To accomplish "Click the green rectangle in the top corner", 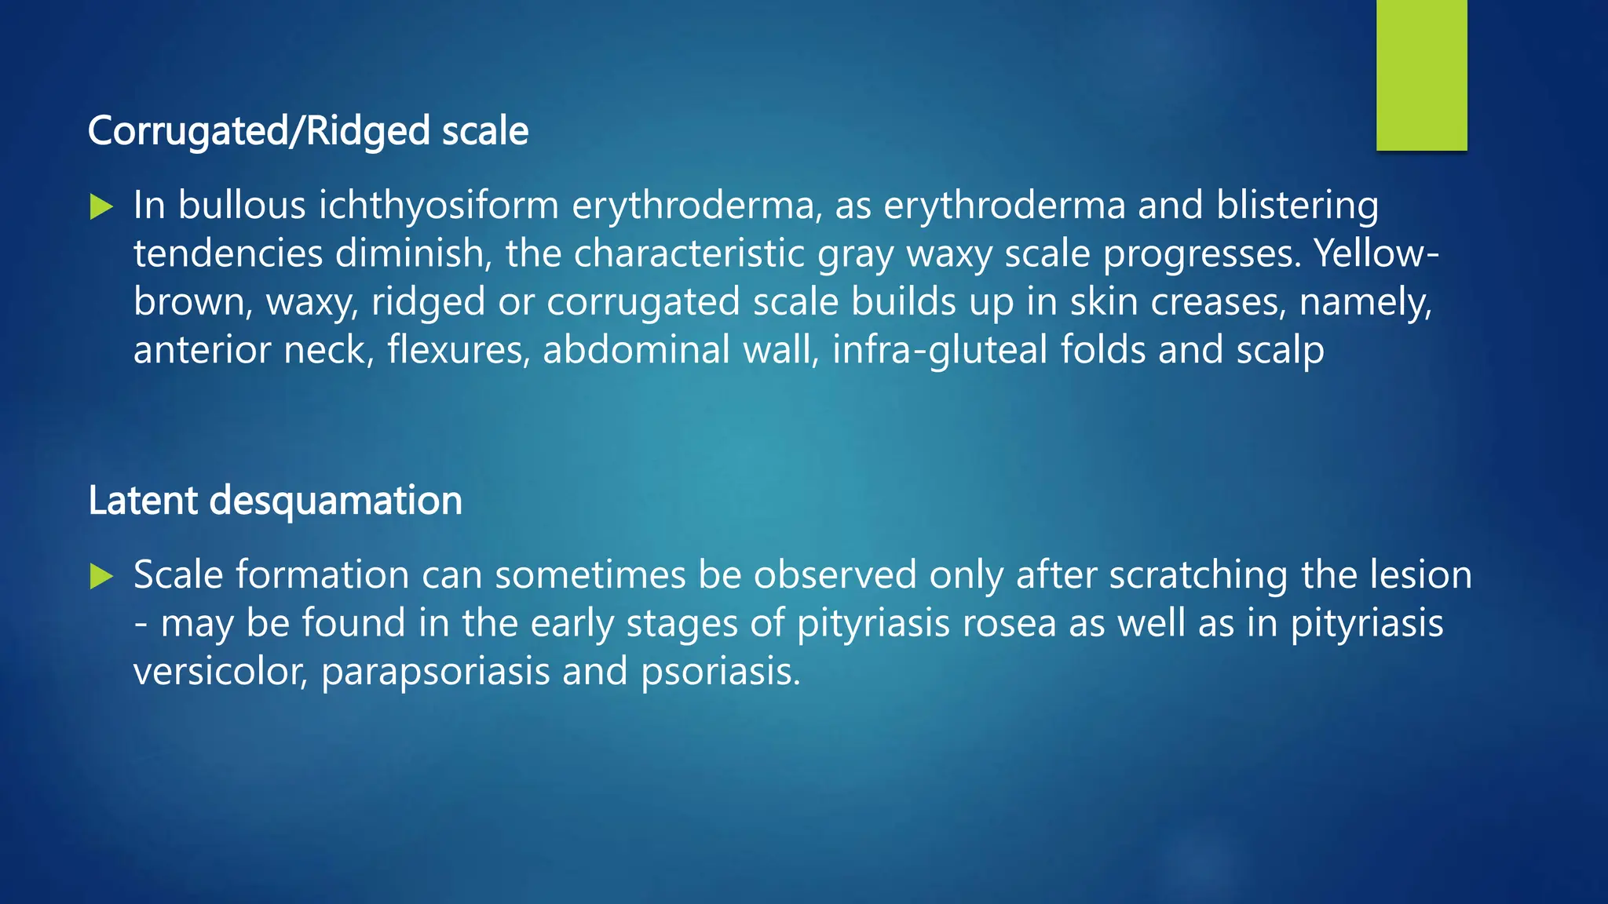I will click(x=1421, y=75).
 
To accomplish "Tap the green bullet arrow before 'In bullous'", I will click(x=101, y=207).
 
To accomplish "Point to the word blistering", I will click(x=1297, y=206).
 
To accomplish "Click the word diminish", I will click(x=413, y=254).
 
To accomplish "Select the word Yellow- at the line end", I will click(x=1377, y=254).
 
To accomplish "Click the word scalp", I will click(x=1280, y=350).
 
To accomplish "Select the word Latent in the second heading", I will click(x=142, y=501).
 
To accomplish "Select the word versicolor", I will click(x=221, y=673).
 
